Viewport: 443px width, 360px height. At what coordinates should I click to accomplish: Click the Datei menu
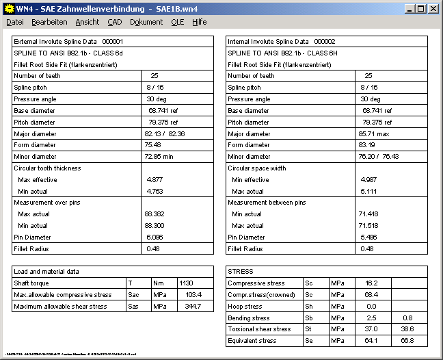(14, 22)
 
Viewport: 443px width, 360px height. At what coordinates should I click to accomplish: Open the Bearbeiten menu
(49, 22)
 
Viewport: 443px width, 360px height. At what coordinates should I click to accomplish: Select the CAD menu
(114, 22)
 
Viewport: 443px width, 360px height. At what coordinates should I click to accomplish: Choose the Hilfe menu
(199, 22)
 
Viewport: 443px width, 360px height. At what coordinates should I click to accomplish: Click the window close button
(433, 9)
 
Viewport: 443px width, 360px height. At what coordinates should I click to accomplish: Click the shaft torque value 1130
(186, 283)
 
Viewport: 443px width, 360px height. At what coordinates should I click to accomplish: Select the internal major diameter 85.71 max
(373, 133)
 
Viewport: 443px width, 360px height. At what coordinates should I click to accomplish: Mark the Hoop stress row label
(245, 306)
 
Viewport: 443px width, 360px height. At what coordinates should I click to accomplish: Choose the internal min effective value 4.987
(368, 179)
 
